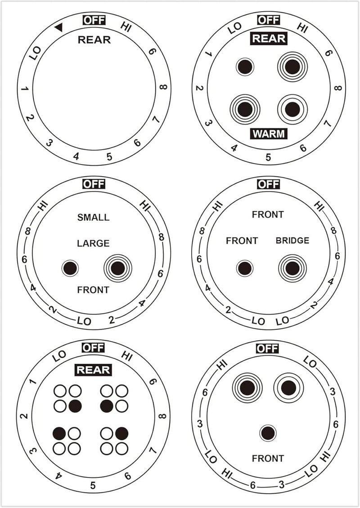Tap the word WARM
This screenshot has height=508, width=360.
[269, 134]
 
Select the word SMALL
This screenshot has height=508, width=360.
[94, 217]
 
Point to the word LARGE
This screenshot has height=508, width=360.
[94, 243]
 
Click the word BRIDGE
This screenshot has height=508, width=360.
[292, 241]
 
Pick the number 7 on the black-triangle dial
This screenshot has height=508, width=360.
[156, 120]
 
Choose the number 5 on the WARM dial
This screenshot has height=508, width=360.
[268, 157]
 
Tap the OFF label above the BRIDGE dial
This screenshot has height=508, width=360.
[268, 184]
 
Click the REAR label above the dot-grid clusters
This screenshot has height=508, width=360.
[94, 370]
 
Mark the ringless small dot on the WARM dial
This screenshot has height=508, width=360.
[245, 67]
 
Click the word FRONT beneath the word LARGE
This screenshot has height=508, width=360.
[93, 290]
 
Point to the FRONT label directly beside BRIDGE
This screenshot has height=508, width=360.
[242, 241]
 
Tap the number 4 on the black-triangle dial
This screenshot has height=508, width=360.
[76, 157]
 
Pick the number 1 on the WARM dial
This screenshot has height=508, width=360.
[208, 53]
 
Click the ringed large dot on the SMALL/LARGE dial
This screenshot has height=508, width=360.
[118, 268]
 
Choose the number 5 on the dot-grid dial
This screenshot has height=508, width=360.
[93, 486]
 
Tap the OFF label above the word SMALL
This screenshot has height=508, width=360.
[94, 184]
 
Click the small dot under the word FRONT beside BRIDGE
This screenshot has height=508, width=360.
[245, 268]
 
